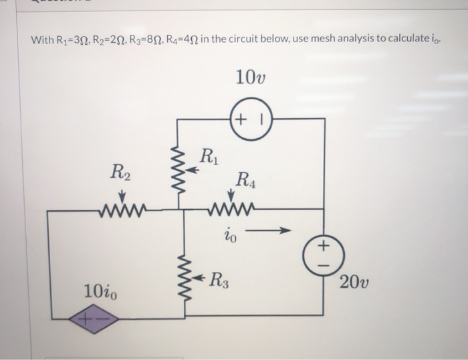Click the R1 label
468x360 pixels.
point(209,161)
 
